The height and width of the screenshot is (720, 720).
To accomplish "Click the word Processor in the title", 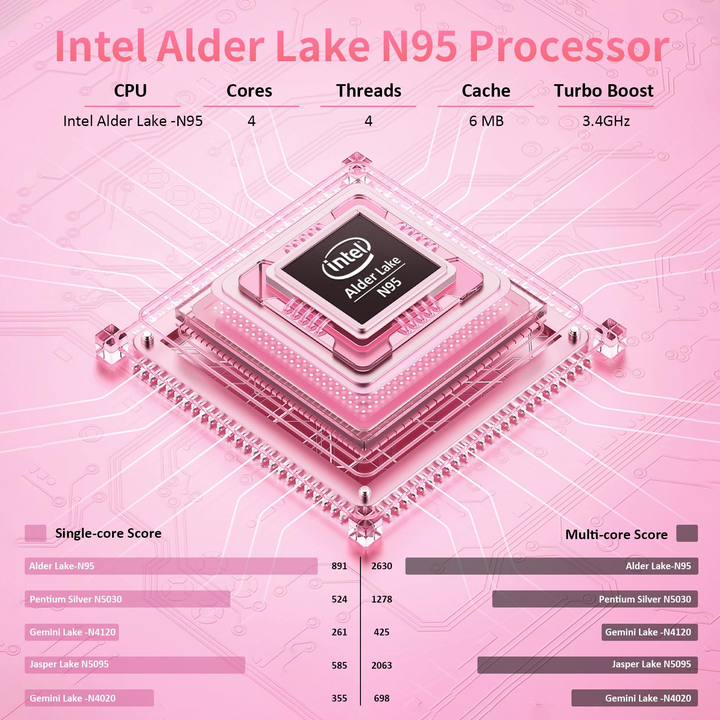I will (x=569, y=47).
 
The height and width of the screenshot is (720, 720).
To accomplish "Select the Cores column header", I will (x=249, y=91).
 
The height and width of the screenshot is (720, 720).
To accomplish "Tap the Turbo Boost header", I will (x=603, y=91).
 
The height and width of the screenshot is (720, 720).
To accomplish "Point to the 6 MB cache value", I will (x=486, y=121).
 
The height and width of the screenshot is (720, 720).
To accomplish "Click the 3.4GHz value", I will (x=606, y=121).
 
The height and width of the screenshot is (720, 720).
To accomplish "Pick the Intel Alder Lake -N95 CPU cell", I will (x=133, y=121).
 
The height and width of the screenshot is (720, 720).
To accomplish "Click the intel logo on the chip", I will (x=346, y=257).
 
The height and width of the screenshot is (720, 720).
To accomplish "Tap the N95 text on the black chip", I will (x=390, y=287).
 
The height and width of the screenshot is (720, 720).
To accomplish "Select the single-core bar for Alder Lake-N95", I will (x=171, y=566).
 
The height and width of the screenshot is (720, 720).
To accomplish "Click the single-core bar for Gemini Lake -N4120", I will (x=72, y=632).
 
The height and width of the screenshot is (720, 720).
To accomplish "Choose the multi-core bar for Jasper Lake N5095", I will (x=587, y=665).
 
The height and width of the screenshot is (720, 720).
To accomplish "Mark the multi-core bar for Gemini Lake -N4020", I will (x=634, y=698).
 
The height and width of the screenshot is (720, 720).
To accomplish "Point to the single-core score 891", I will (x=339, y=566).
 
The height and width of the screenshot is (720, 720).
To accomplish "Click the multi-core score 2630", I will (x=382, y=566).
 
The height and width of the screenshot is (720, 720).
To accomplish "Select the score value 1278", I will (x=382, y=599).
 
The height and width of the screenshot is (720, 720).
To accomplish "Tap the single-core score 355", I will (x=339, y=698).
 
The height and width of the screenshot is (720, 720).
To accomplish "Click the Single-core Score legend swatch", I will (x=36, y=533).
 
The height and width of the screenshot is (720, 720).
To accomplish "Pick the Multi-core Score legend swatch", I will (x=687, y=533).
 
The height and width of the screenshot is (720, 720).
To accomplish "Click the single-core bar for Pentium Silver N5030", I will (x=127, y=599).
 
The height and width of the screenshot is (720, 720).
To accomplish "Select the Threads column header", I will (x=369, y=91).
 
